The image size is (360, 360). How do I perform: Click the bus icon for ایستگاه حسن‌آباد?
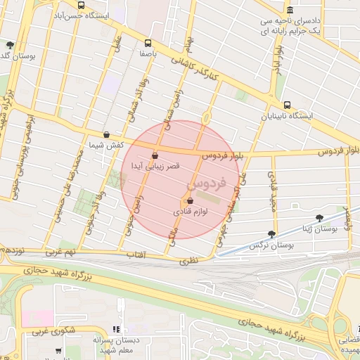[x=82, y=5]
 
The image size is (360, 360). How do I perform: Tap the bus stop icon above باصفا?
[x=147, y=42]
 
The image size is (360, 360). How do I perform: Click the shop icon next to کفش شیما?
[x=105, y=134]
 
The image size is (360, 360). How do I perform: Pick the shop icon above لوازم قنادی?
[x=190, y=200]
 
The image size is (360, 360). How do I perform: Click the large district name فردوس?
[x=206, y=185]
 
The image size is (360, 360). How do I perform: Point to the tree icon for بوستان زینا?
[x=320, y=219]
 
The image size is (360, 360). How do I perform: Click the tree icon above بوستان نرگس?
[x=271, y=235]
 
